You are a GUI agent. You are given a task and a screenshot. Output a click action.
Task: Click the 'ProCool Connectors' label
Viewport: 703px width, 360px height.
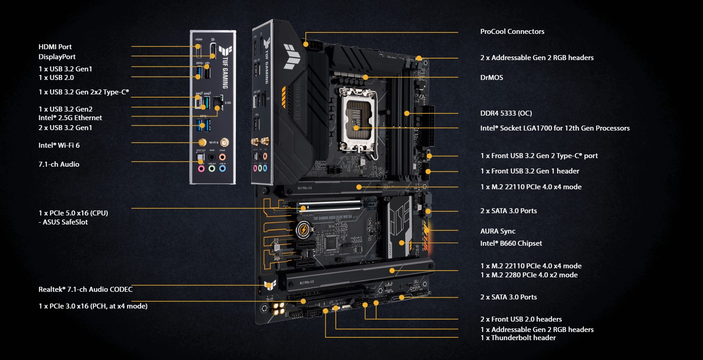coord(512,32)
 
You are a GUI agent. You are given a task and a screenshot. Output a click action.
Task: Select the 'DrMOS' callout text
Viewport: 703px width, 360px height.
coord(492,78)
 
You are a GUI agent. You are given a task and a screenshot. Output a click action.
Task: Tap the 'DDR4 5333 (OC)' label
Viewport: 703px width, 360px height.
coord(506,113)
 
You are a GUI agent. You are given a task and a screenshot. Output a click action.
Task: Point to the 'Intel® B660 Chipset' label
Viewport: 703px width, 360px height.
coord(511,243)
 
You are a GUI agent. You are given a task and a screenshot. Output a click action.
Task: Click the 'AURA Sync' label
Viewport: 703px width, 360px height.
coord(497,231)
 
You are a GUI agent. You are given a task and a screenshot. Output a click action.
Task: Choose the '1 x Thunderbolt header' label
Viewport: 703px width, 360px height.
coord(518,338)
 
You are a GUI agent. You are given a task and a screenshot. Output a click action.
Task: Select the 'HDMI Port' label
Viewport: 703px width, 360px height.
coord(55,47)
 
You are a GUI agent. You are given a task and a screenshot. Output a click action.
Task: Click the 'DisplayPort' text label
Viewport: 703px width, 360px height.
coord(57,57)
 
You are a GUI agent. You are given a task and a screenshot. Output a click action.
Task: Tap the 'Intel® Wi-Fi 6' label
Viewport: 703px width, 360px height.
coord(59,145)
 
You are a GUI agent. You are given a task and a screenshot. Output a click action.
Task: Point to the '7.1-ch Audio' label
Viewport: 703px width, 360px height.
coord(59,164)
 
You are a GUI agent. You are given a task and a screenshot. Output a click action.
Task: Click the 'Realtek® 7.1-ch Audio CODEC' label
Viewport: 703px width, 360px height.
coord(85,289)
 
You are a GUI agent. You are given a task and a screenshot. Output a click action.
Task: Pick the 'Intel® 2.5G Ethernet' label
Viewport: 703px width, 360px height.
coord(70,118)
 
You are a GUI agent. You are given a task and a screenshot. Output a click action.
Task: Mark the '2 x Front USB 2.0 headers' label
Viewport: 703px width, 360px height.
coord(521,319)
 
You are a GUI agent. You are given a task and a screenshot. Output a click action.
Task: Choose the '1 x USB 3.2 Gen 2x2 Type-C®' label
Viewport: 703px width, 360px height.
coord(84,92)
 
